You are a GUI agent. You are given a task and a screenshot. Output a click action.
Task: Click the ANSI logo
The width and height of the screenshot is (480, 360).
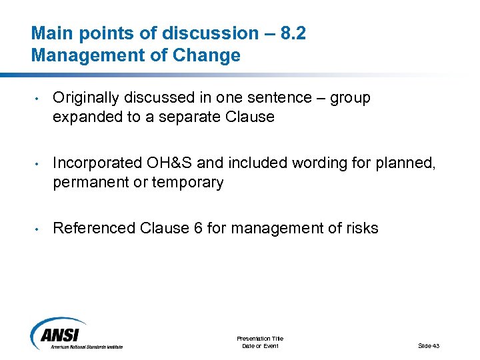tap(76, 333)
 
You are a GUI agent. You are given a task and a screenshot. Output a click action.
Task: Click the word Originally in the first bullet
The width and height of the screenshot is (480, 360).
tap(85, 98)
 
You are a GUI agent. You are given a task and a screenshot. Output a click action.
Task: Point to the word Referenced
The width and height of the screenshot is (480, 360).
tap(94, 229)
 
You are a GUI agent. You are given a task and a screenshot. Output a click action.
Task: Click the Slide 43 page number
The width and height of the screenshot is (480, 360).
tap(429, 345)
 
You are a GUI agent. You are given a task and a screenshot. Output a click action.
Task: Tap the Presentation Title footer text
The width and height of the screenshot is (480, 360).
tap(260, 339)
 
